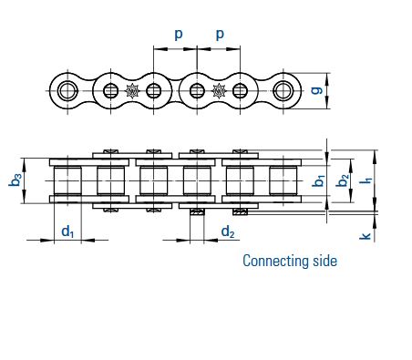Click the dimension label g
[x=317, y=90]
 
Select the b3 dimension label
[x=15, y=180]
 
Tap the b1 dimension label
[x=319, y=180]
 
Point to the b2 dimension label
[x=343, y=180]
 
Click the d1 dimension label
[x=67, y=231]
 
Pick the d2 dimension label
[x=228, y=232]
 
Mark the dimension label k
[x=366, y=236]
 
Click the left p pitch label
[x=179, y=35]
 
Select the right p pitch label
[x=220, y=35]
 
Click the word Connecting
[x=275, y=262]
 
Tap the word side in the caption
[x=324, y=261]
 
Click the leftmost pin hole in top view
[x=67, y=90]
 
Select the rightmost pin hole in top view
[x=283, y=90]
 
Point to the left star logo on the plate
[x=132, y=91]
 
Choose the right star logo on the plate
[x=219, y=91]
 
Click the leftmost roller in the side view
[x=67, y=180]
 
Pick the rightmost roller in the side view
[x=283, y=180]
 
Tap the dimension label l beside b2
[x=367, y=180]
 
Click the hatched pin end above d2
[x=197, y=212]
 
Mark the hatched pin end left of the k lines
[x=240, y=212]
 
